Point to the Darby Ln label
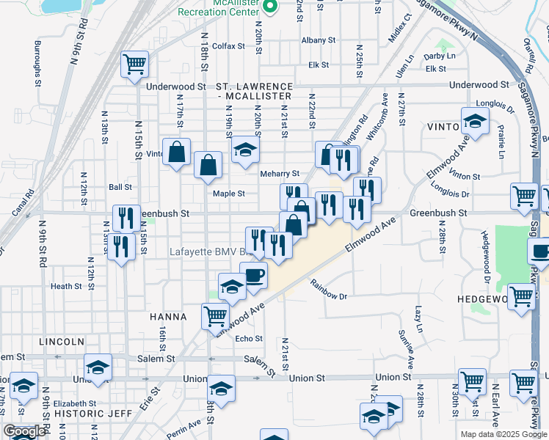(x=440, y=56)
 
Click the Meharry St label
(x=280, y=174)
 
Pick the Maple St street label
(x=228, y=194)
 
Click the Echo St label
(x=249, y=338)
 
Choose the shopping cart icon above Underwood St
(x=134, y=65)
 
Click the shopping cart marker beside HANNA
(x=214, y=316)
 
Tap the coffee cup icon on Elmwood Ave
(x=253, y=276)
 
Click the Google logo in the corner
(x=24, y=431)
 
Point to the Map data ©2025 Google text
(x=503, y=434)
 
